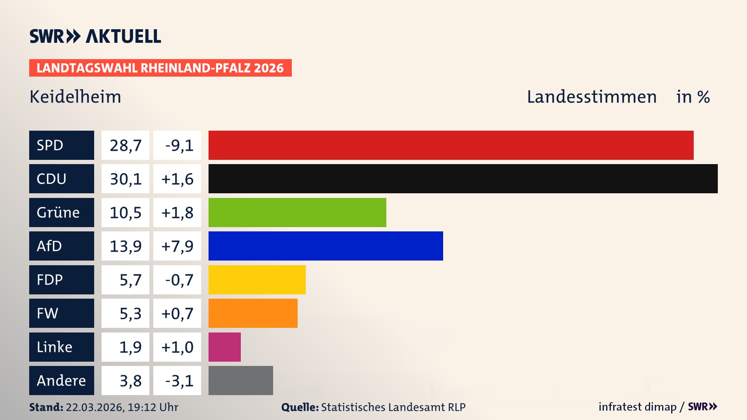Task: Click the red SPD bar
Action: (451, 145)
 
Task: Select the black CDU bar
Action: (463, 179)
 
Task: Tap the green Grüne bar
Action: (297, 212)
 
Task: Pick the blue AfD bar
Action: (326, 246)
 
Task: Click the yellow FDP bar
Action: (257, 280)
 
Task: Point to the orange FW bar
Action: (253, 313)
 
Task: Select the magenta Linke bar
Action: (224, 347)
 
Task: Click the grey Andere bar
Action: (240, 380)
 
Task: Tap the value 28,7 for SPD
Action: (125, 145)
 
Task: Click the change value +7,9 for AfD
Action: (177, 246)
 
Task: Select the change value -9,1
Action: (179, 145)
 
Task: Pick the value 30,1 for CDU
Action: (125, 179)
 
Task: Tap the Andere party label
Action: (61, 380)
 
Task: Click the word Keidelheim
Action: (75, 97)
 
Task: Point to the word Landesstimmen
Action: (591, 97)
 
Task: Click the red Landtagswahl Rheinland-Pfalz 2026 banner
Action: (160, 68)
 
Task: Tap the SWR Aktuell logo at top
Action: (95, 36)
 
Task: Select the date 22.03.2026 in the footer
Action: (94, 407)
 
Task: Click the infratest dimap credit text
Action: (637, 407)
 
